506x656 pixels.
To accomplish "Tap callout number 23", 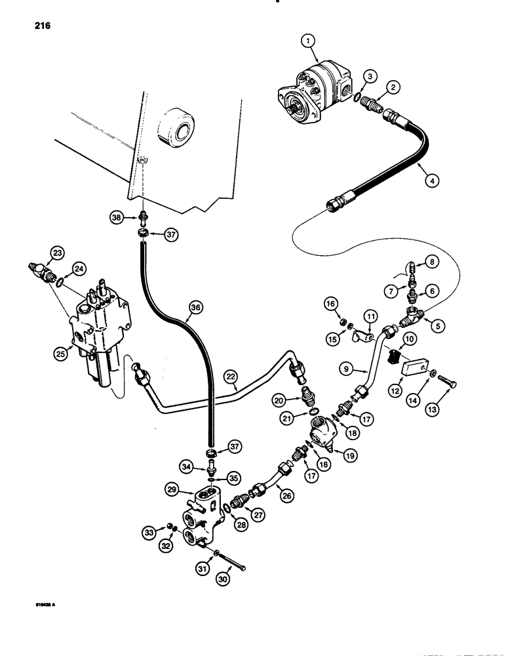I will click(x=57, y=254).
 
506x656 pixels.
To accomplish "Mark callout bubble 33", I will click(x=151, y=532).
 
